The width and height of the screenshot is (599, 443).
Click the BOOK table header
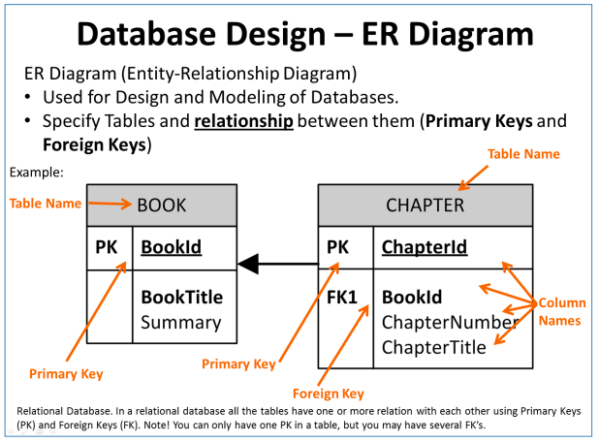[x=161, y=205]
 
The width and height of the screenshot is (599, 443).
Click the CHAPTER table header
[x=425, y=205]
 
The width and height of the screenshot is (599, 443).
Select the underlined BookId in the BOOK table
[x=171, y=247]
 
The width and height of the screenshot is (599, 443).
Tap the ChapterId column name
[x=424, y=247]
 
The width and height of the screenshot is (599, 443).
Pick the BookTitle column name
[x=181, y=297]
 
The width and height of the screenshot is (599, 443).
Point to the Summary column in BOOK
[x=180, y=322]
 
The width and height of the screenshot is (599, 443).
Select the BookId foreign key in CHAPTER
[x=412, y=297]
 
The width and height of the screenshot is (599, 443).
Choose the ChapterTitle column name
[x=433, y=347]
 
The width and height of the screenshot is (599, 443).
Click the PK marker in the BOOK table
[x=107, y=247]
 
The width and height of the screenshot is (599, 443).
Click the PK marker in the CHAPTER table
[x=339, y=247]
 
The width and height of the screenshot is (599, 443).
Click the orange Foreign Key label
[x=328, y=394]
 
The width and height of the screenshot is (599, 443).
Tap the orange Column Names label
[x=562, y=311]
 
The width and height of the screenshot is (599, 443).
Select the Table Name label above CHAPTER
[x=522, y=153]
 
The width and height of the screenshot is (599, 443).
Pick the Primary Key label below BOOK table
[x=65, y=373]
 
